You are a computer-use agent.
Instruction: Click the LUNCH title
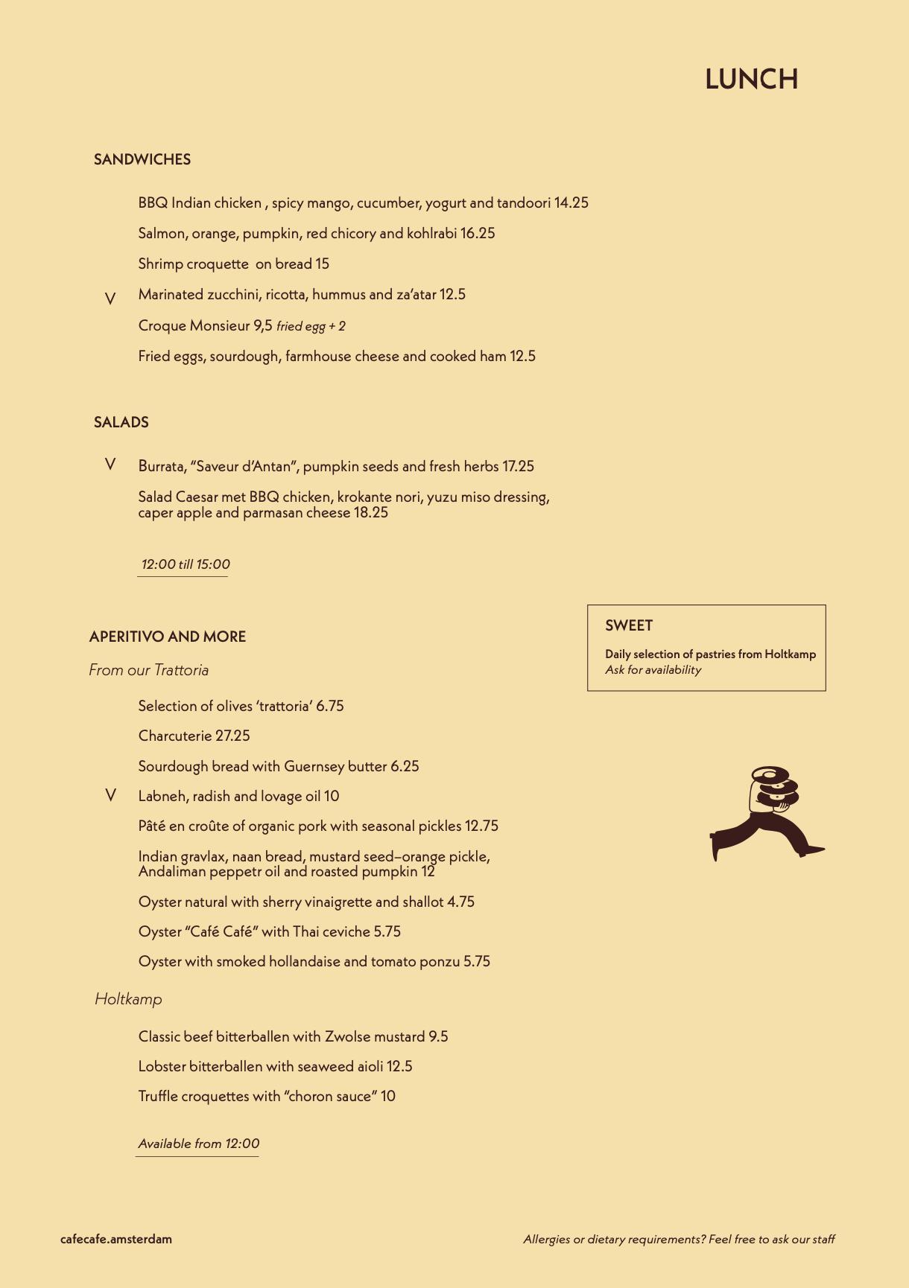[751, 79]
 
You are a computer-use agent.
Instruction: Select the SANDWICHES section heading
[142, 159]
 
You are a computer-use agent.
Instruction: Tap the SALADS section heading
[121, 422]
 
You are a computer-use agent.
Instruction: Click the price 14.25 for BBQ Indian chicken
[571, 203]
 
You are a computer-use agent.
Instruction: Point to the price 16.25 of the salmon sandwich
[478, 233]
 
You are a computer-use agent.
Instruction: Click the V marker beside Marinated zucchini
[110, 299]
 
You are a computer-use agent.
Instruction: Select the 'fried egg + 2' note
[311, 326]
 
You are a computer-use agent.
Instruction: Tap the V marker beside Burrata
[110, 465]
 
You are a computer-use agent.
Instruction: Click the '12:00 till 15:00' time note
[186, 564]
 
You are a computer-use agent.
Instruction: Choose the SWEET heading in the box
[629, 625]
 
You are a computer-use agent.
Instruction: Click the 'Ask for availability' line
[653, 669]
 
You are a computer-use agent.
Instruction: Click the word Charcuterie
[175, 736]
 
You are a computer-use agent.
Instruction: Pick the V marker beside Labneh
[110, 795]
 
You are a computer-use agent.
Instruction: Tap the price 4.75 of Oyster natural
[460, 902]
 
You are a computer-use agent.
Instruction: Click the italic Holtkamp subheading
[128, 999]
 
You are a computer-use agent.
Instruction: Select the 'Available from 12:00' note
[199, 1144]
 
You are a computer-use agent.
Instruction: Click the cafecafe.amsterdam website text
[116, 1239]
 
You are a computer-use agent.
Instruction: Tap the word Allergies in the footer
[546, 1239]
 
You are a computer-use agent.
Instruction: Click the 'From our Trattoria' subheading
[149, 670]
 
